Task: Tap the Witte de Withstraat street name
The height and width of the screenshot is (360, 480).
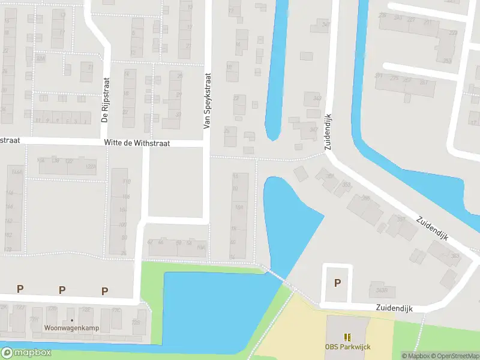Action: pyautogui.click(x=137, y=143)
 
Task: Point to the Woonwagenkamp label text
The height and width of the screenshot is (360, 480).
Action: pyautogui.click(x=72, y=328)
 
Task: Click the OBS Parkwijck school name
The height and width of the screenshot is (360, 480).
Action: pyautogui.click(x=347, y=347)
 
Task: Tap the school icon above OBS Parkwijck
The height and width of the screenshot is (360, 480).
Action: pyautogui.click(x=347, y=338)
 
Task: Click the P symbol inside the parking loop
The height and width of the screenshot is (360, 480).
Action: pyautogui.click(x=337, y=283)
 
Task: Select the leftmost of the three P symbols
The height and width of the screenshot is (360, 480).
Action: pyautogui.click(x=20, y=289)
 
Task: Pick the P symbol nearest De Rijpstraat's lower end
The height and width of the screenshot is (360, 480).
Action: pyautogui.click(x=105, y=291)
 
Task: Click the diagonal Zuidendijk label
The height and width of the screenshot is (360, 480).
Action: pyautogui.click(x=434, y=230)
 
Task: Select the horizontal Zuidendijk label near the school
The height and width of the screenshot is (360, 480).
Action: pyautogui.click(x=395, y=307)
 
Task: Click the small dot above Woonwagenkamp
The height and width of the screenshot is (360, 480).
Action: pyautogui.click(x=72, y=320)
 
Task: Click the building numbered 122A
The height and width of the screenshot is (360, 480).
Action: pyautogui.click(x=91, y=166)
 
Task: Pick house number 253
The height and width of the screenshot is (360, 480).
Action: pyautogui.click(x=447, y=61)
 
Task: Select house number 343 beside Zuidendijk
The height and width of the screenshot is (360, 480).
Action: pyautogui.click(x=317, y=98)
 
